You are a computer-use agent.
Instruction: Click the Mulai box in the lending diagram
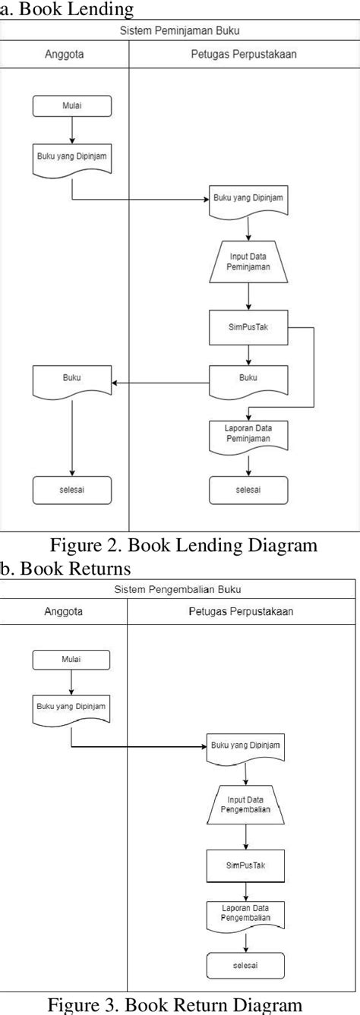pos(72,107)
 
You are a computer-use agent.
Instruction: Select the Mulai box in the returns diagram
pos(71,660)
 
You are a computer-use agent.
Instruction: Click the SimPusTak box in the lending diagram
pos(248,328)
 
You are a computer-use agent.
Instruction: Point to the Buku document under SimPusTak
pos(248,378)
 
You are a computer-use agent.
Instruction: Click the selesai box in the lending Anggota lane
pos(72,490)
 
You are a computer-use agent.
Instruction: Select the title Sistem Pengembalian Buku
pos(179,589)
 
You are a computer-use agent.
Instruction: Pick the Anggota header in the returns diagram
pos(64,611)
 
